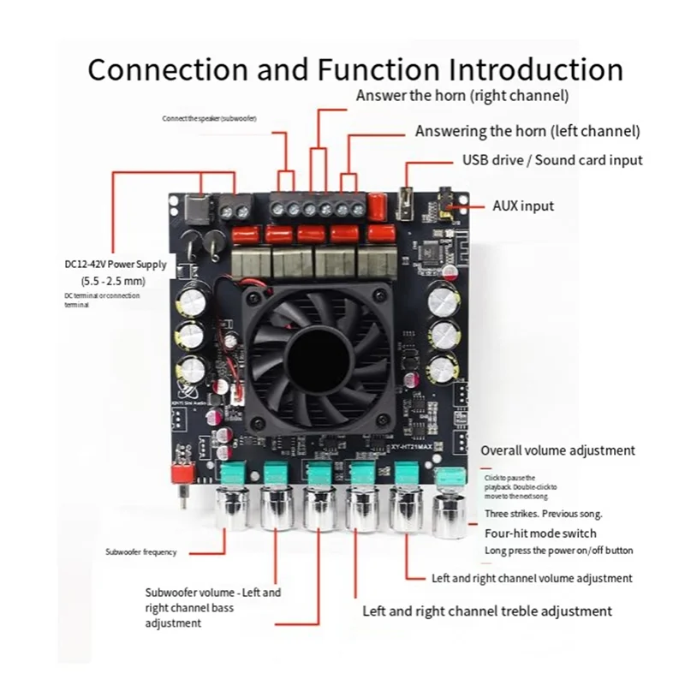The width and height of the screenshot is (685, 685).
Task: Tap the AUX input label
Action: (522, 205)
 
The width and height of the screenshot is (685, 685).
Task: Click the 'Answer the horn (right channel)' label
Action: (462, 96)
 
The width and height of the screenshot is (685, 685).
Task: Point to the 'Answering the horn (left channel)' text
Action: (527, 131)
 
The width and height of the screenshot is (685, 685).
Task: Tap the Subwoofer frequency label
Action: (140, 552)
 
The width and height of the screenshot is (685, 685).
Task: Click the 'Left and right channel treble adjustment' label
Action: (487, 611)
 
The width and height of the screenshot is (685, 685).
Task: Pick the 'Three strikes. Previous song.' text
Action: (543, 514)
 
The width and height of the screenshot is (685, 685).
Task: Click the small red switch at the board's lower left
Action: (181, 472)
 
